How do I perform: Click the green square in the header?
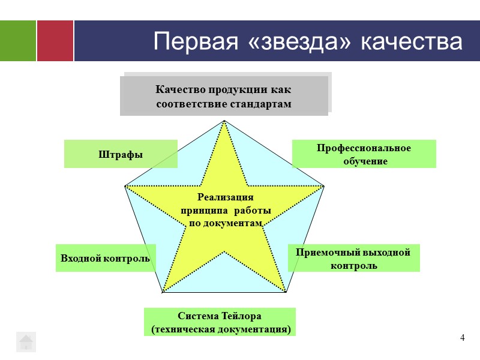pyautogui.click(x=17, y=41)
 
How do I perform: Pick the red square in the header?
pyautogui.click(x=55, y=41)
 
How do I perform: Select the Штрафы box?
pyautogui.click(x=121, y=154)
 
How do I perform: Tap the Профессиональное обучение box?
pyautogui.click(x=364, y=154)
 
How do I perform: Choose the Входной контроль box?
pyautogui.click(x=106, y=258)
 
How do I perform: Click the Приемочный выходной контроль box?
pyautogui.click(x=353, y=258)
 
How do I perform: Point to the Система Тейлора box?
pyautogui.click(x=220, y=322)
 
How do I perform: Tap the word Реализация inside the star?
pyautogui.click(x=225, y=197)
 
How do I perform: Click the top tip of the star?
pyautogui.click(x=224, y=122)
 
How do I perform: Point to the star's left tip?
pyautogui.click(x=126, y=187)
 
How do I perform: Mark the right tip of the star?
pyautogui.click(x=323, y=187)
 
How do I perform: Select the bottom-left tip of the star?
pyautogui.click(x=163, y=292)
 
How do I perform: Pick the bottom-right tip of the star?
pyautogui.click(x=286, y=292)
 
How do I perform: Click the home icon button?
pyautogui.click(x=26, y=341)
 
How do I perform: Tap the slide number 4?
pyautogui.click(x=463, y=338)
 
